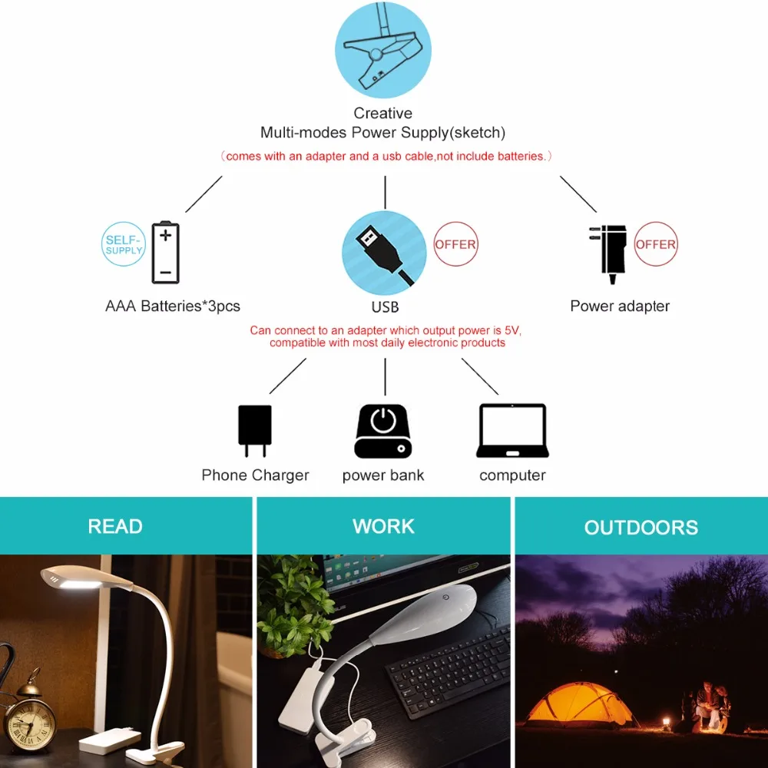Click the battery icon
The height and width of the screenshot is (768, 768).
point(166,252)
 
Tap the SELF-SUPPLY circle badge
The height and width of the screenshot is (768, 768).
point(124,244)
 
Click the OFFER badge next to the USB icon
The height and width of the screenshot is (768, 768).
point(455,244)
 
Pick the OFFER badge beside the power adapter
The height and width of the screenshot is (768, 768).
point(656,244)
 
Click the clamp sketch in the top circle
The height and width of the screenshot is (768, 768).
point(382,50)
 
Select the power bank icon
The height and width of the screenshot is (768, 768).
point(383,431)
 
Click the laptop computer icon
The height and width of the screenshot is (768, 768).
point(512,431)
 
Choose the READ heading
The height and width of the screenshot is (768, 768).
point(115,527)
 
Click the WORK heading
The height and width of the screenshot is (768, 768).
point(383,527)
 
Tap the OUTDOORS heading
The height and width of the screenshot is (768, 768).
point(641,528)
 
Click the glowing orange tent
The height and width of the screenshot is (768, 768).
point(579,704)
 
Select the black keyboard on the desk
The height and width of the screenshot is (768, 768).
point(449,672)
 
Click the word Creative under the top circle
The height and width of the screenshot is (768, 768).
point(383,113)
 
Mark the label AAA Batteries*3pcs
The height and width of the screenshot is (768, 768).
point(173,306)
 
